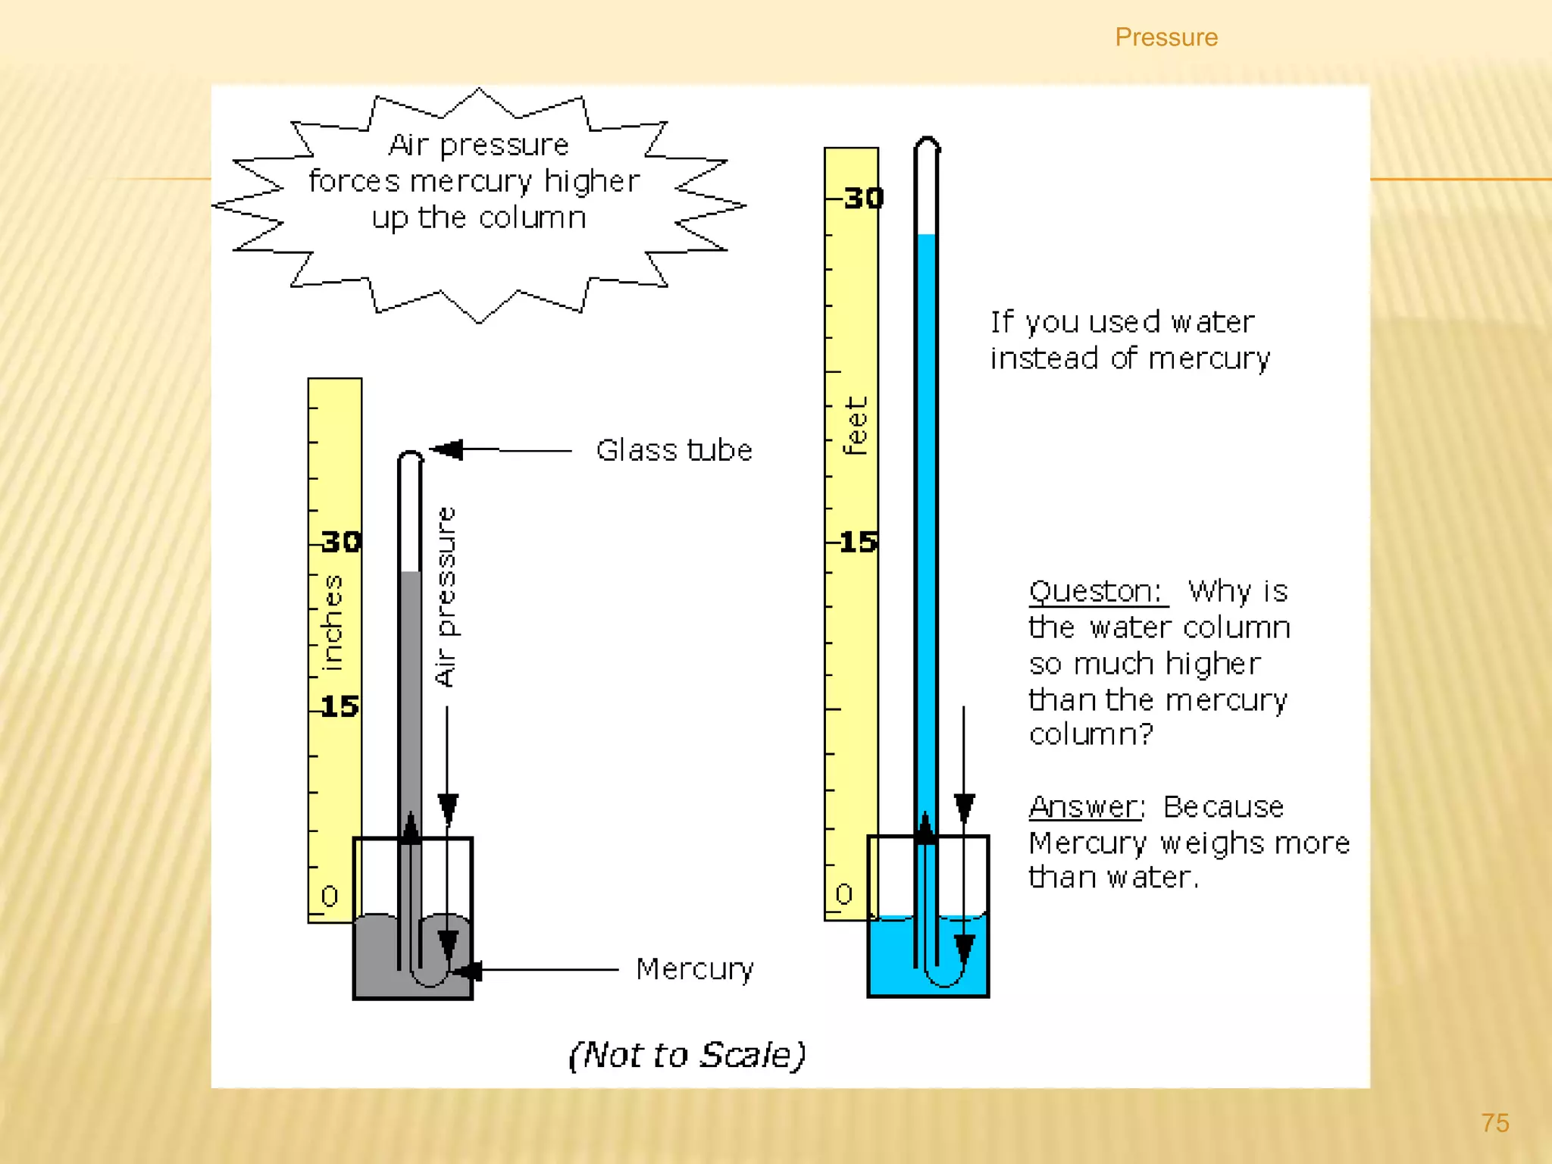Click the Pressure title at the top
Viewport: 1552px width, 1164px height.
tap(1166, 37)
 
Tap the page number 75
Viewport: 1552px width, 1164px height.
tap(1495, 1122)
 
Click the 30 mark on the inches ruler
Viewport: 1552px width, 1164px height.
tap(340, 542)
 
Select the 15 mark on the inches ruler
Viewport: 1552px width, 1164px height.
tap(339, 706)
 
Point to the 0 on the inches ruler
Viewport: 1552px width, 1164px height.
tap(329, 896)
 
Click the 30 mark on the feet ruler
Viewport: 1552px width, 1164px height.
tap(863, 199)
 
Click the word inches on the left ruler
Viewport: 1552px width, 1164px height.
tap(332, 623)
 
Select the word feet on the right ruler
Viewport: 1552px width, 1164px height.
tap(856, 426)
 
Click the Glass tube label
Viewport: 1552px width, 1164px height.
tap(674, 450)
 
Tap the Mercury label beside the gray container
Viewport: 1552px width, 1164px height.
tap(694, 968)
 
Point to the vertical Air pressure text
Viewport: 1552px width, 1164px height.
tap(446, 596)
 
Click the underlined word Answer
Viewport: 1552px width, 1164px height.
tap(1084, 806)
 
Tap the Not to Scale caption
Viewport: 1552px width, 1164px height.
tap(687, 1054)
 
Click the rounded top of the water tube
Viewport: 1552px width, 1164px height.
tap(927, 143)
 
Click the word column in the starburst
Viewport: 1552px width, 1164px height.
tap(532, 218)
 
